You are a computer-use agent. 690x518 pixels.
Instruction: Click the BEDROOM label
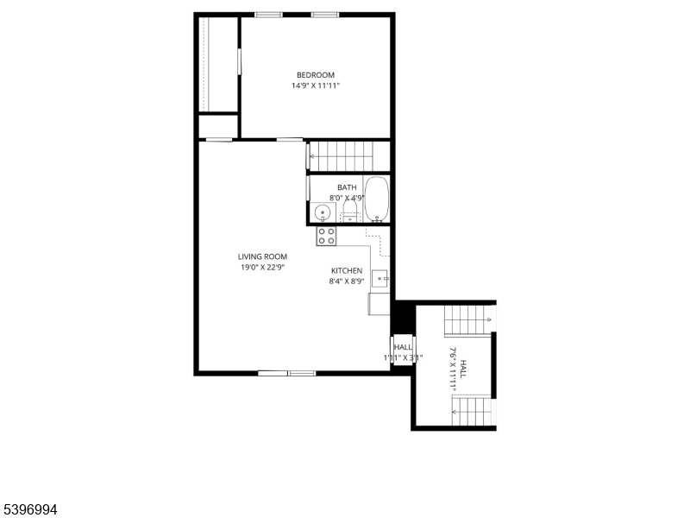coord(316,75)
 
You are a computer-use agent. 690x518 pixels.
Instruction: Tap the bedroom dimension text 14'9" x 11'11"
coord(316,85)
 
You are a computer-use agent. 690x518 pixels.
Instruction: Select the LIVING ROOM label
coord(263,256)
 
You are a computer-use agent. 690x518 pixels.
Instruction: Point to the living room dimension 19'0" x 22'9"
coord(263,268)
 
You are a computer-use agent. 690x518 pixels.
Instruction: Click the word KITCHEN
coord(347,271)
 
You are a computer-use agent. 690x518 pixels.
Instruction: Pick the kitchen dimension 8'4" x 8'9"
coord(346,281)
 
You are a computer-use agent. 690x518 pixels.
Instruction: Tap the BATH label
coord(347,187)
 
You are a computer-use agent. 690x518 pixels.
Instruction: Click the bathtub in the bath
coord(377,199)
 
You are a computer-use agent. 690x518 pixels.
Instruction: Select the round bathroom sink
coord(322,212)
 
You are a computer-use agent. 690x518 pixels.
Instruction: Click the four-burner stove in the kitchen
coord(327,236)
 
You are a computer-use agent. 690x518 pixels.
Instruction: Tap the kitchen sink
coord(380,278)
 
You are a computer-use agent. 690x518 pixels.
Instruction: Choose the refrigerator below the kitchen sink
coord(379,304)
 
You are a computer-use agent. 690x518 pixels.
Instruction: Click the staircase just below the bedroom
coord(341,156)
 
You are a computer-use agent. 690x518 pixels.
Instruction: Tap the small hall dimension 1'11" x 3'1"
coord(403,357)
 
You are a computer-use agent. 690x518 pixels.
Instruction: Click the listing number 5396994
coord(30,509)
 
